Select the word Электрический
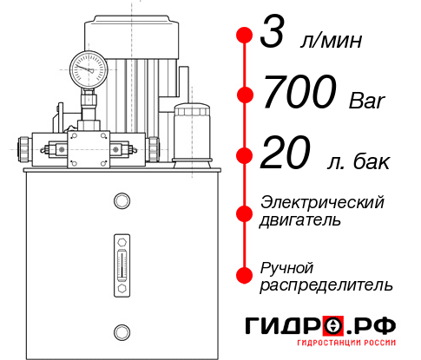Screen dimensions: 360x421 (322, 202)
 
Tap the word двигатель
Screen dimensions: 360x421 (300, 220)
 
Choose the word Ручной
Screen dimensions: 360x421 (286, 266)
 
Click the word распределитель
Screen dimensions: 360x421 (326, 285)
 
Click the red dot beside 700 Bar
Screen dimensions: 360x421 (245, 94)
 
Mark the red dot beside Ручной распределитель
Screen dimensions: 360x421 (245, 274)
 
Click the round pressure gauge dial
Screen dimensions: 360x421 (88, 66)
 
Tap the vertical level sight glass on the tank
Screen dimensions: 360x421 (121, 260)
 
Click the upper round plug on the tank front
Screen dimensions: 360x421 (121, 202)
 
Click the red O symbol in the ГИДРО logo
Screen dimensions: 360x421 (333, 325)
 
